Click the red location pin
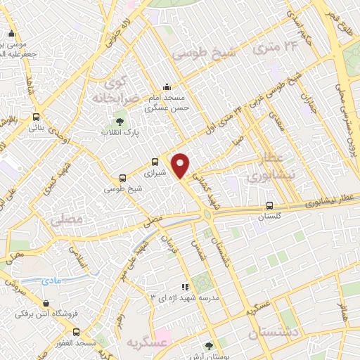coord(181,165)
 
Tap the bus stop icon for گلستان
coord(270,206)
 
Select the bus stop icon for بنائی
coord(36,117)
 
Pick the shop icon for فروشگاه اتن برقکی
coord(46,304)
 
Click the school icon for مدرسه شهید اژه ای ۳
coord(186,287)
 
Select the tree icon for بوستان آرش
coord(208,345)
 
